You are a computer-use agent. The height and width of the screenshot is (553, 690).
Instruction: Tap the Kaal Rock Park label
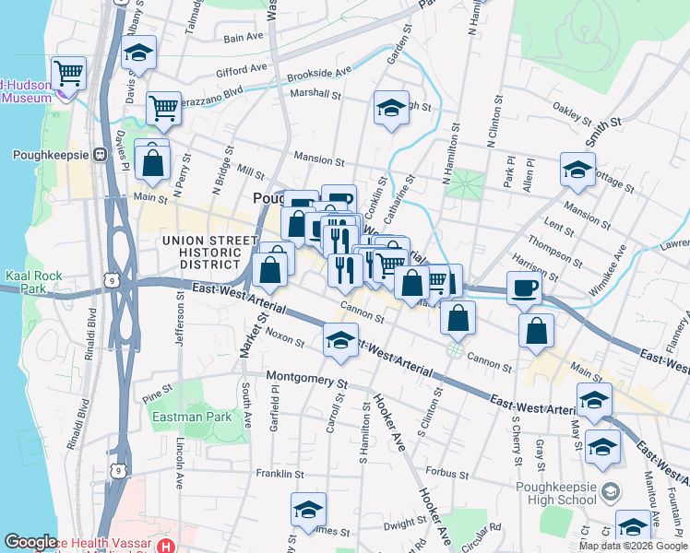[x=26, y=282]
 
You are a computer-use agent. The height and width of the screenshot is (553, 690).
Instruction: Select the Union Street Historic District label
[x=209, y=253]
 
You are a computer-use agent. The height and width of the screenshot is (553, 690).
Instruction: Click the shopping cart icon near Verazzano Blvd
[x=163, y=108]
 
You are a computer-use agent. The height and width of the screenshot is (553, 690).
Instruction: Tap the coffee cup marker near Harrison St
[x=524, y=288]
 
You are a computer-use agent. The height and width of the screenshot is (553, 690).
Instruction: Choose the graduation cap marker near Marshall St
[x=391, y=108]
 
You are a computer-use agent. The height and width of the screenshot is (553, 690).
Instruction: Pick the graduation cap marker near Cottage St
[x=577, y=170]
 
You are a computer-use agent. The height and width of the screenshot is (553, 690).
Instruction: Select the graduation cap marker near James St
[x=308, y=510]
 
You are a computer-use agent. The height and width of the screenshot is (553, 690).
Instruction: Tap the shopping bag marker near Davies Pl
[x=153, y=163]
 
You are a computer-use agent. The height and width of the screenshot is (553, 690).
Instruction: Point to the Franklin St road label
[x=280, y=474]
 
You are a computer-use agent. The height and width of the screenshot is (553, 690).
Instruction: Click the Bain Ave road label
[x=244, y=38]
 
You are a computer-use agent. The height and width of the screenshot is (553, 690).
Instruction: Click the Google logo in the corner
[x=30, y=542]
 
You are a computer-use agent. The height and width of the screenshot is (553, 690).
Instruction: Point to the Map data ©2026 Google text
[x=633, y=546]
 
